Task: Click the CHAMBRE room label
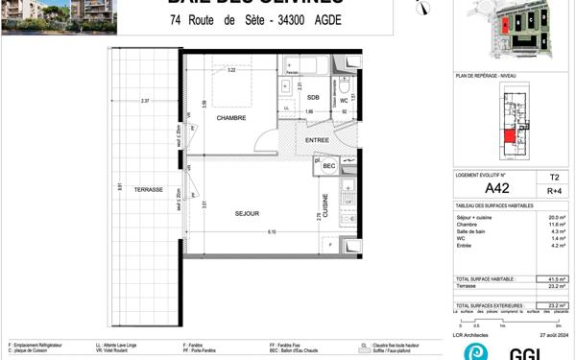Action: point(231,119)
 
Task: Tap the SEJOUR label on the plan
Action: point(247,213)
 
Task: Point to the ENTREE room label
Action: point(318,140)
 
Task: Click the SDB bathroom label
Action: point(314,98)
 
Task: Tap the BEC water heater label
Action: point(329,166)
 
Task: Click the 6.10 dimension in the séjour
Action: point(272,231)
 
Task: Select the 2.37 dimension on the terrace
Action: point(144,100)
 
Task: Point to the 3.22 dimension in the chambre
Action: point(231,70)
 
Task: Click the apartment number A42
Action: point(495,188)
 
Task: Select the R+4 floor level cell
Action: point(554,192)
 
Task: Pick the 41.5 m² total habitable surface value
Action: point(555,277)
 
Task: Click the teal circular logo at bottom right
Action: point(475,351)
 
